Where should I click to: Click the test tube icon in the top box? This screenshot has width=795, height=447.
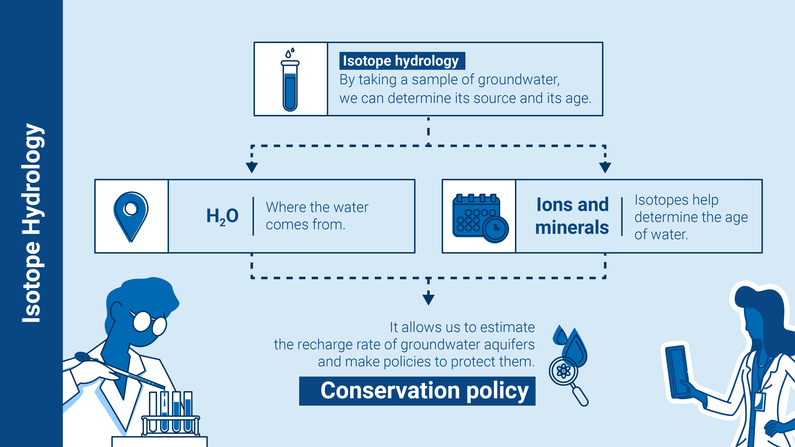pyautogui.click(x=290, y=80)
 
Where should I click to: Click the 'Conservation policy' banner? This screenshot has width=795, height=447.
pyautogui.click(x=417, y=391)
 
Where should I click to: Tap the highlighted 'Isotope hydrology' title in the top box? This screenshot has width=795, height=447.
pyautogui.click(x=402, y=61)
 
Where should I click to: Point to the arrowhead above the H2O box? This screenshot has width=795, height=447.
pyautogui.click(x=252, y=167)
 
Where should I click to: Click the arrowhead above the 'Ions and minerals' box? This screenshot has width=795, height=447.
pyautogui.click(x=605, y=167)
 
